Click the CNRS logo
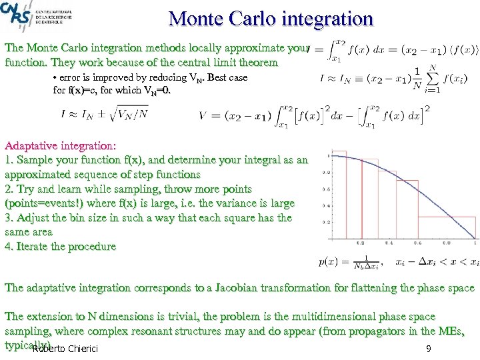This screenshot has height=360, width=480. pyautogui.click(x=15, y=13)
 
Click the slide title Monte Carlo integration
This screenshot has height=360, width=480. pyautogui.click(x=271, y=18)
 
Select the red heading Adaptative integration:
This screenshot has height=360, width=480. pyautogui.click(x=61, y=145)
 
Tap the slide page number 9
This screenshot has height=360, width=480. pyautogui.click(x=428, y=349)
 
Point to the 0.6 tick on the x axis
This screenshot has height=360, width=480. pyautogui.click(x=418, y=243)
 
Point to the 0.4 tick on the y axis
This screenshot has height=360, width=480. pyautogui.click(x=326, y=205)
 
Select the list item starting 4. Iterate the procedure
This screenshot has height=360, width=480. pyautogui.click(x=61, y=247)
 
